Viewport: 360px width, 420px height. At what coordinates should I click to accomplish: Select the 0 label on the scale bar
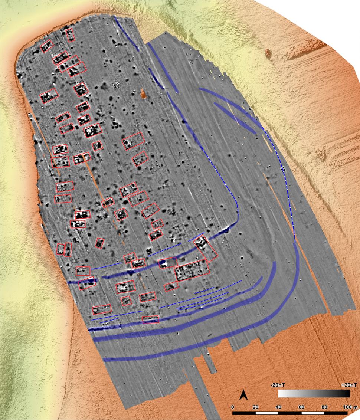point(233,407)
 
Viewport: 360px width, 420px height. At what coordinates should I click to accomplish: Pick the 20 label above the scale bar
point(255,407)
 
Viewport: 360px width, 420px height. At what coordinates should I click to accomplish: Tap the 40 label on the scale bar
point(278,407)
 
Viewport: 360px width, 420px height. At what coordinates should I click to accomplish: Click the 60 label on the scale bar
point(301,407)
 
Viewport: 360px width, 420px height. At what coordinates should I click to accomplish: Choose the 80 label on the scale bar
point(324,407)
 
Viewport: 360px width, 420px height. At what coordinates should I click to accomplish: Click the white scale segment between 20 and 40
point(267,413)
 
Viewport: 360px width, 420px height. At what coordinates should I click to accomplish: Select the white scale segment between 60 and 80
point(313,413)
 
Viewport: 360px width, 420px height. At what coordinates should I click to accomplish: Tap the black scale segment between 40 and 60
point(290,413)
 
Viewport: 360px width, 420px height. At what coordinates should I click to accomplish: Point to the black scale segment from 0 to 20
point(244,413)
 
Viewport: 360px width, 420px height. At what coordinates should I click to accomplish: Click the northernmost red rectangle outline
point(70,35)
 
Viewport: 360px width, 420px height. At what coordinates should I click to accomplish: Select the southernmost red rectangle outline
point(150,319)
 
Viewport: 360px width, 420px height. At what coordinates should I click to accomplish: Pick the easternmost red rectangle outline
point(207,248)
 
